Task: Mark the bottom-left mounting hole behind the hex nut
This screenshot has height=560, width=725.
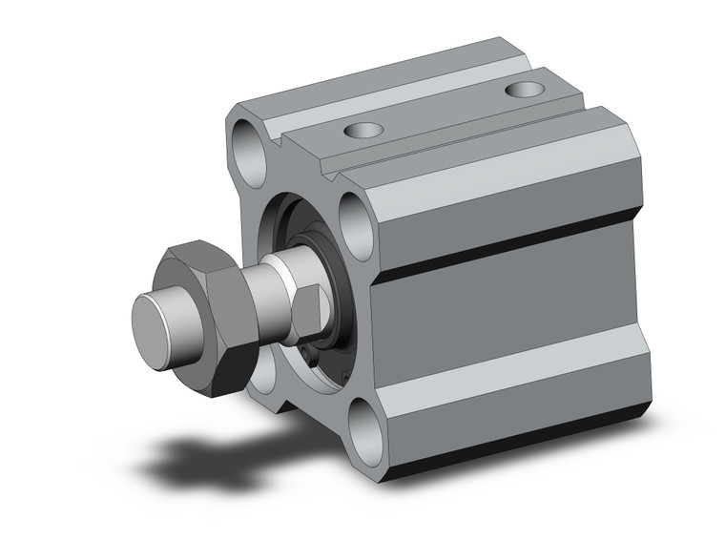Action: point(259,378)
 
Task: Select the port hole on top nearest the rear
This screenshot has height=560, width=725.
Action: point(522,90)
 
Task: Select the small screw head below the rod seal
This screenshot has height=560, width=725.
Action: point(307,360)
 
